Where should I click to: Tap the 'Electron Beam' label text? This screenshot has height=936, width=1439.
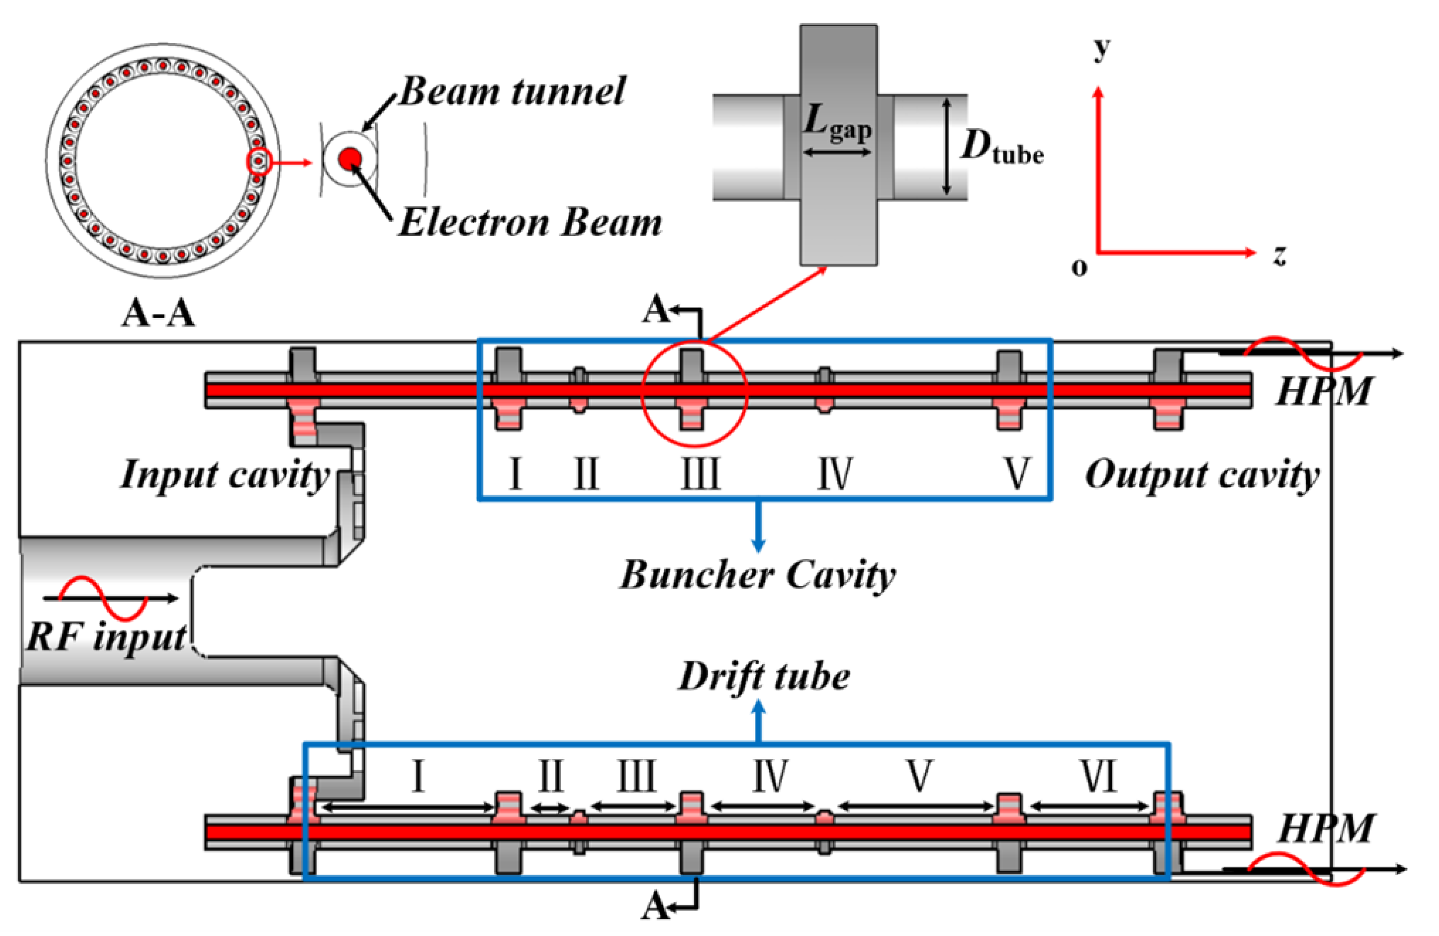tap(530, 223)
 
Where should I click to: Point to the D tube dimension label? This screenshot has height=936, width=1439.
tap(1002, 147)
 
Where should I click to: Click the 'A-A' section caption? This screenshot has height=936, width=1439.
tap(159, 314)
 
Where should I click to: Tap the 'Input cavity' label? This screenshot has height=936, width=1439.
tap(225, 475)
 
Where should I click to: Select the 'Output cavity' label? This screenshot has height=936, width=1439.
tap(1202, 475)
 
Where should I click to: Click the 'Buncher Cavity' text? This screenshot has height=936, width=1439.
tap(758, 575)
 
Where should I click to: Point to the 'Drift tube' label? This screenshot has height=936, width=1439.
tap(763, 676)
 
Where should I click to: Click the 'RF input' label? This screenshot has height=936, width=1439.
tap(106, 637)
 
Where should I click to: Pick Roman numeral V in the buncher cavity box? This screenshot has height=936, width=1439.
tap(1016, 473)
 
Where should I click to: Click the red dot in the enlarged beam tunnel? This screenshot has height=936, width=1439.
tap(349, 159)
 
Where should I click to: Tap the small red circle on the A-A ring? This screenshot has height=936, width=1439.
tap(259, 161)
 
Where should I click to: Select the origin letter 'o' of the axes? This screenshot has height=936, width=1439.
tap(1079, 267)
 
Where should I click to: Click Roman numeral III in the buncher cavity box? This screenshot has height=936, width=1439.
tap(701, 473)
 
